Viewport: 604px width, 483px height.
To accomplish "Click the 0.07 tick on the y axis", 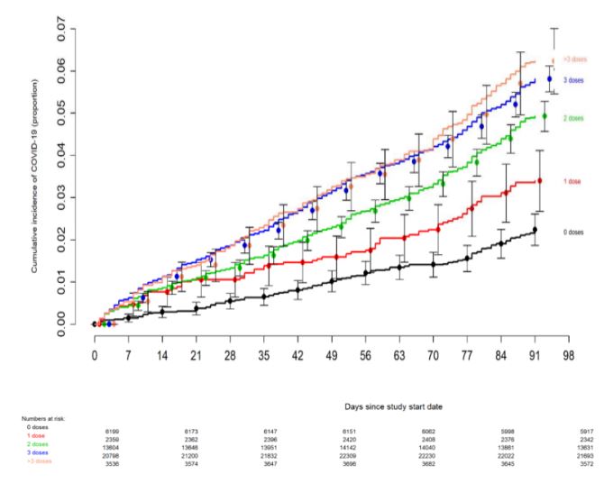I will click(60, 29).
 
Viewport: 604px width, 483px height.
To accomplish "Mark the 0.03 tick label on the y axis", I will click(60, 197).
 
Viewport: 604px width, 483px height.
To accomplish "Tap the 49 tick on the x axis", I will click(331, 354).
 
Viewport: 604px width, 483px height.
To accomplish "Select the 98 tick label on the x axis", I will click(567, 354).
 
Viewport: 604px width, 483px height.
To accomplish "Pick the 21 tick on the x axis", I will click(196, 354).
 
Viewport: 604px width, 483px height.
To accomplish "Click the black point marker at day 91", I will click(535, 230).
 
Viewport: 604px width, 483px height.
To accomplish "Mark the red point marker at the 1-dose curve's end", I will click(540, 180).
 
